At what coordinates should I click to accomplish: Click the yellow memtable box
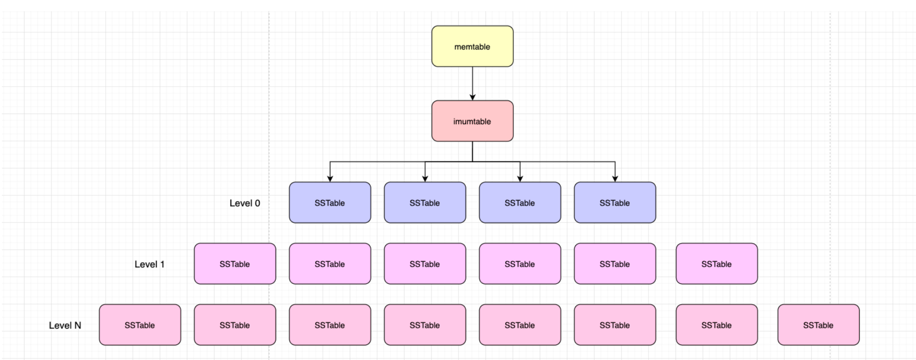tap(472, 46)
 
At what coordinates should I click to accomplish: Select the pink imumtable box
tap(472, 121)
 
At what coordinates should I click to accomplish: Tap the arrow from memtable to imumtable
tap(472, 83)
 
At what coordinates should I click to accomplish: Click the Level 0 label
tap(245, 203)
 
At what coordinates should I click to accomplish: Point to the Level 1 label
tap(149, 264)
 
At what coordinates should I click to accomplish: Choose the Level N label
tap(65, 325)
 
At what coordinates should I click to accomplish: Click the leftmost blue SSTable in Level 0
tap(330, 202)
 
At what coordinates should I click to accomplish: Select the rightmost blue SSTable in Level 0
tap(615, 202)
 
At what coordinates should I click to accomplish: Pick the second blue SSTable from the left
tap(425, 202)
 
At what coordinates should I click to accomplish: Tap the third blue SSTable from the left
tap(520, 202)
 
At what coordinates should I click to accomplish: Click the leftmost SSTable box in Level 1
tap(235, 264)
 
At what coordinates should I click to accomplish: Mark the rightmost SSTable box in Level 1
tap(717, 264)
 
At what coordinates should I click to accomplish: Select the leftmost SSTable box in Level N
tap(140, 325)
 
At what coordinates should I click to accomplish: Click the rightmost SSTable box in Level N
tap(818, 325)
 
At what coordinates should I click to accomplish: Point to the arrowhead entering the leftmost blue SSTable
tap(330, 179)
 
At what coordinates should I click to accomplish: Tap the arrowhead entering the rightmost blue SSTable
tap(615, 179)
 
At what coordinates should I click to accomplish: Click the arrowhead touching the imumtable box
tap(472, 97)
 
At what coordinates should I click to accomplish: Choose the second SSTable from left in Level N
tap(235, 325)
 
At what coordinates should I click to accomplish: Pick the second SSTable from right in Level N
tap(717, 325)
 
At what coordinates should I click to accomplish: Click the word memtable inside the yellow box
tap(472, 47)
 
